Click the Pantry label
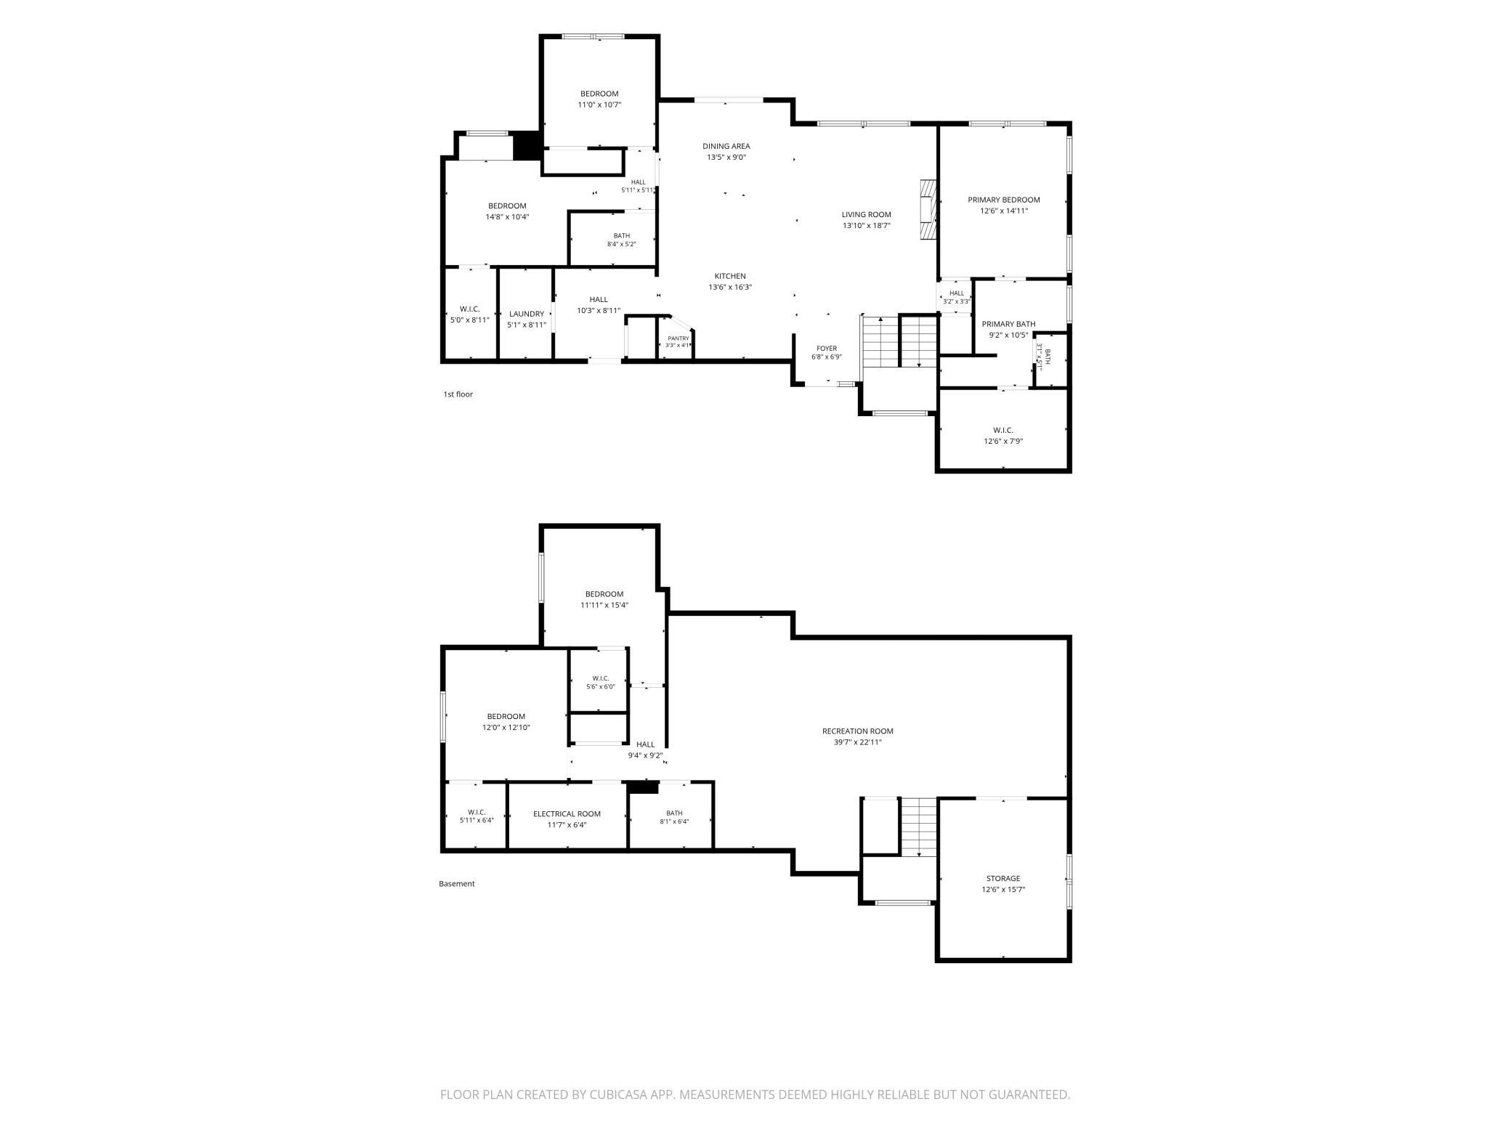(678, 338)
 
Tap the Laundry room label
(527, 314)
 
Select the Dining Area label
(726, 146)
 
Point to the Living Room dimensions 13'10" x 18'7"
(867, 226)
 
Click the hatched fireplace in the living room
(928, 210)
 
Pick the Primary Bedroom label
(1004, 200)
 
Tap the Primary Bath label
(1009, 324)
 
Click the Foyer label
(827, 349)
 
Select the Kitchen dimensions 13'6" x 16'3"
(730, 287)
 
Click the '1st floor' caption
(458, 394)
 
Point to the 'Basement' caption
(457, 884)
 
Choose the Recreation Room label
(858, 731)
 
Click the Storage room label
(1003, 878)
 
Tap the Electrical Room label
(567, 814)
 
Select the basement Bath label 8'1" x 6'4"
(674, 817)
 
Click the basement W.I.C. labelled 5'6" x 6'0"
(601, 682)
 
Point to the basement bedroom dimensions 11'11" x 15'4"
(604, 605)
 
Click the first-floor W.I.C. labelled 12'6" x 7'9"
(1003, 436)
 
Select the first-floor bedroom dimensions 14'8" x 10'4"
(507, 216)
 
